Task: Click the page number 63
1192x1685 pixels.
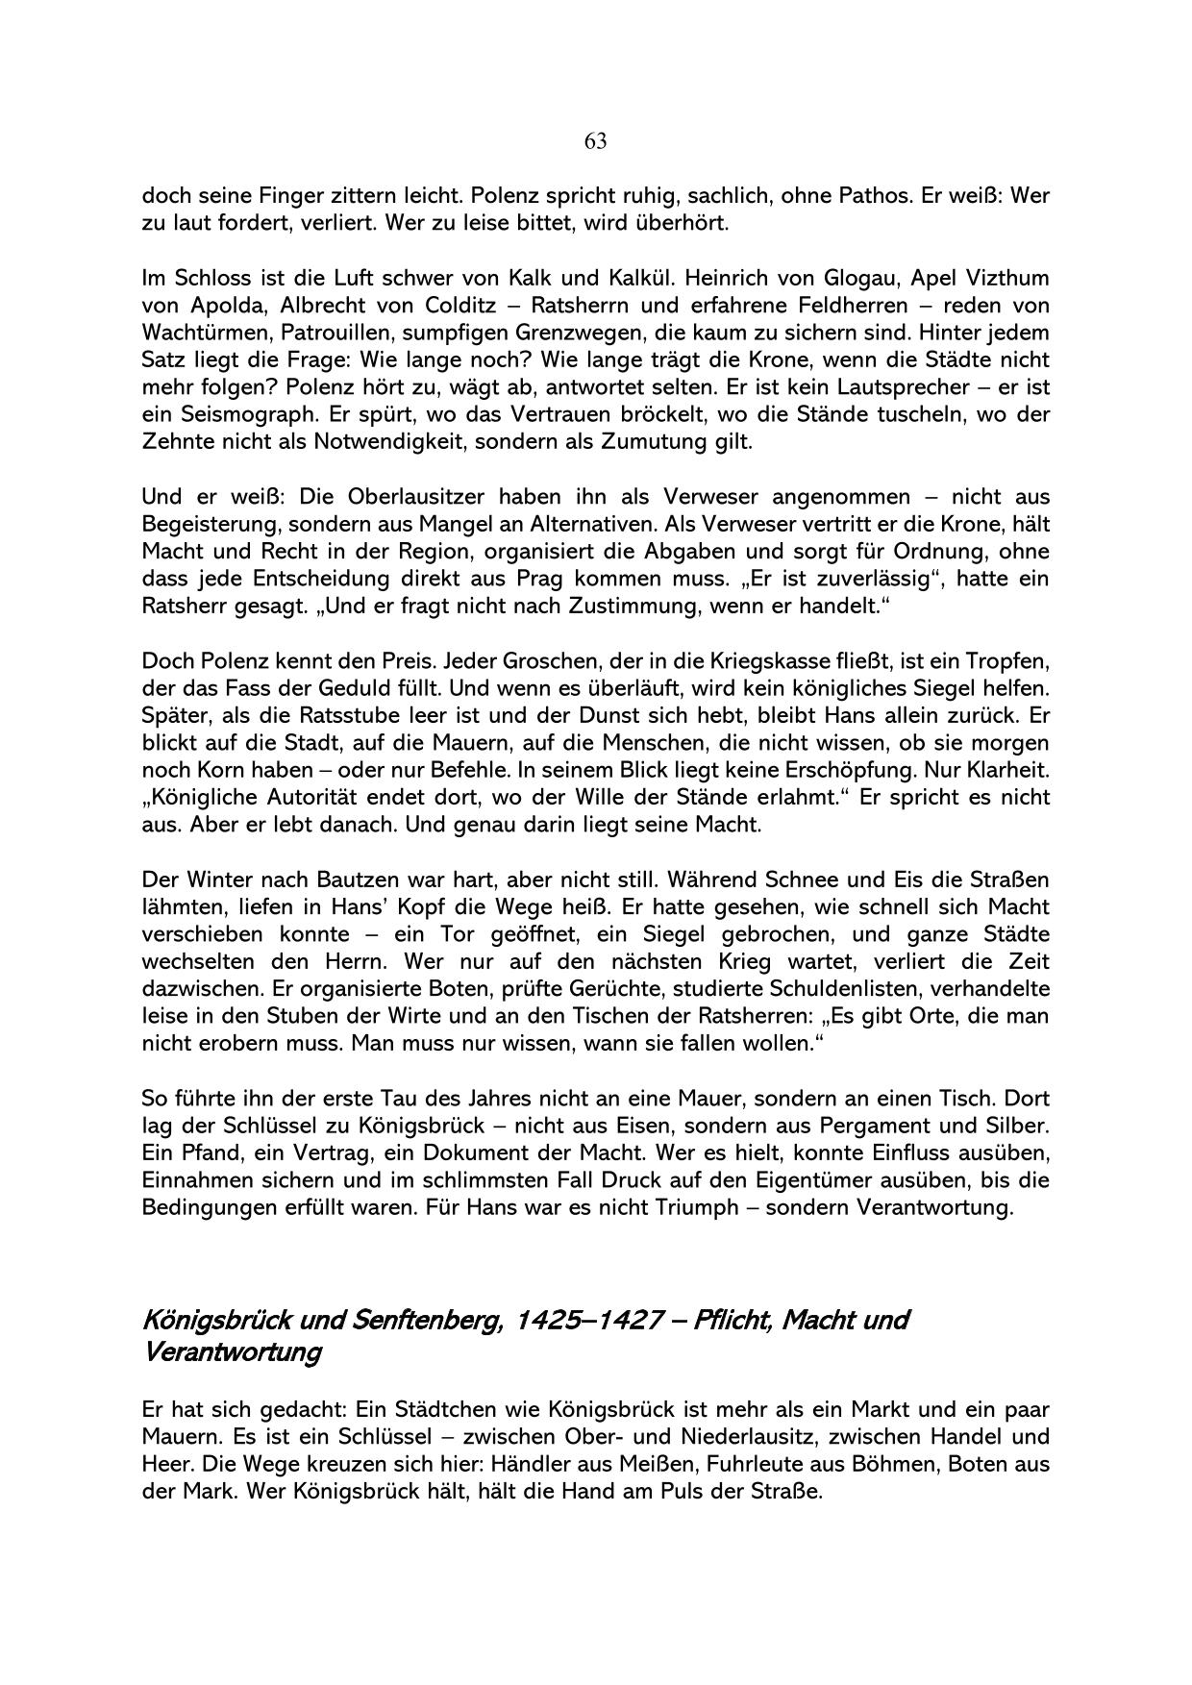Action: click(595, 141)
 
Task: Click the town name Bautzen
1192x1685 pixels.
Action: click(335, 880)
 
